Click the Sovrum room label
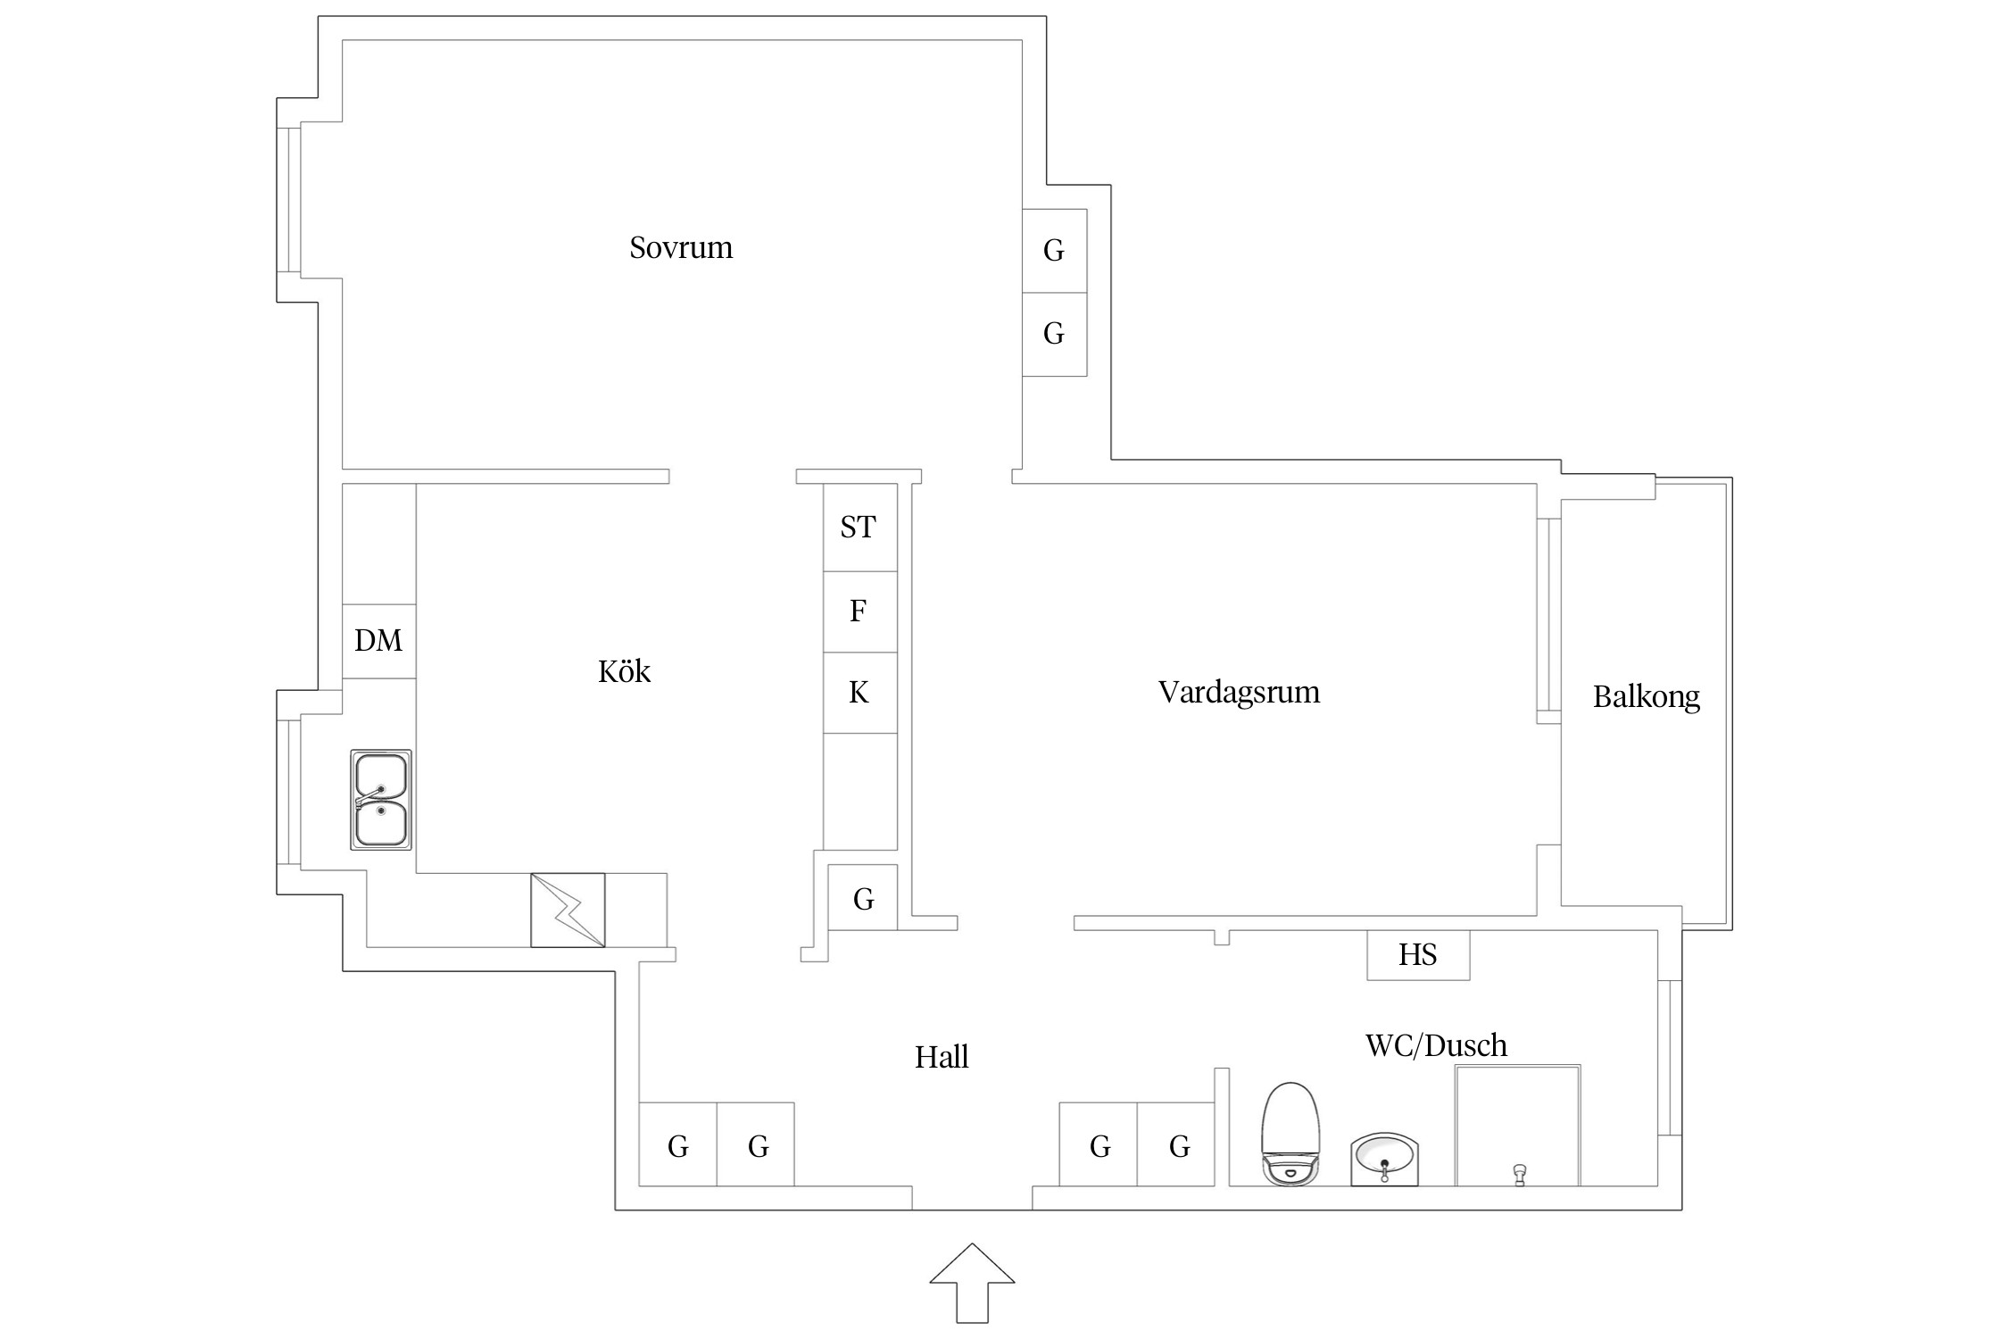pyautogui.click(x=681, y=247)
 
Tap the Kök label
pyautogui.click(x=624, y=671)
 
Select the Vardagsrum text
pyautogui.click(x=1239, y=692)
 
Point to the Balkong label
pyautogui.click(x=1646, y=696)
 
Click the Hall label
pyautogui.click(x=942, y=1057)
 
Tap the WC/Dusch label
pyautogui.click(x=1436, y=1045)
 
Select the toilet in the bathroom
pyautogui.click(x=1290, y=1134)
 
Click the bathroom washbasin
pyautogui.click(x=1384, y=1159)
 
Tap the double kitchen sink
pyautogui.click(x=381, y=800)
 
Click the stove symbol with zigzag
pyautogui.click(x=568, y=910)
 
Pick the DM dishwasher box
pyautogui.click(x=378, y=640)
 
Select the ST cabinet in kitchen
pyautogui.click(x=859, y=527)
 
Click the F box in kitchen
pyautogui.click(x=859, y=611)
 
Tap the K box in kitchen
pyautogui.click(x=859, y=693)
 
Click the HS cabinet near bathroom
pyautogui.click(x=1417, y=955)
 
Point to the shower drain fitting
pyautogui.click(x=1519, y=1173)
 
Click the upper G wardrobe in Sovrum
pyautogui.click(x=1054, y=251)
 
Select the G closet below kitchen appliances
pyautogui.click(x=863, y=899)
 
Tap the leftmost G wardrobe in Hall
pyautogui.click(x=678, y=1146)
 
